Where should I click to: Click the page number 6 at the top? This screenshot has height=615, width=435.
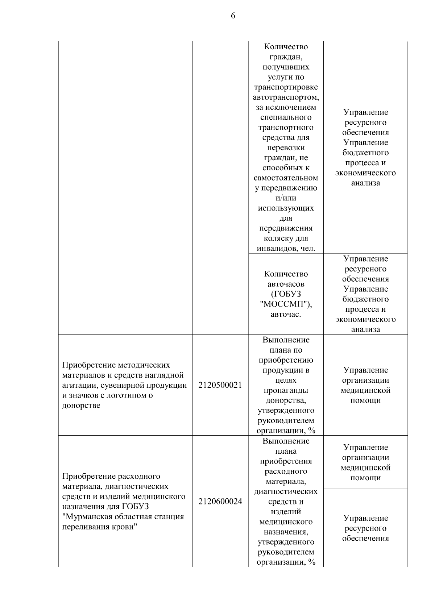pos(233,16)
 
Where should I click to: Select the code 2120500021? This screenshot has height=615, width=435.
pos(220,385)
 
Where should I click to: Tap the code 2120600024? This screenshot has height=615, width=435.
pos(220,502)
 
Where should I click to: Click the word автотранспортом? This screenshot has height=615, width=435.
pos(286,97)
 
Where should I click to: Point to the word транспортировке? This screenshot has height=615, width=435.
pos(286,87)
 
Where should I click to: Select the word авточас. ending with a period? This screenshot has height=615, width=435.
pos(286,314)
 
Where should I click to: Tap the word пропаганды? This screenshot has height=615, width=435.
pos(286,390)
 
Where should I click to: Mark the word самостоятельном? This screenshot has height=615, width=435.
pos(286,178)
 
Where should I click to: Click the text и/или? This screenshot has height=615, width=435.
pos(286,198)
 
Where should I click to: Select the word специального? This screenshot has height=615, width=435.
pos(286,117)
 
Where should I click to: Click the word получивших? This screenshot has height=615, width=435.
pos(286,67)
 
